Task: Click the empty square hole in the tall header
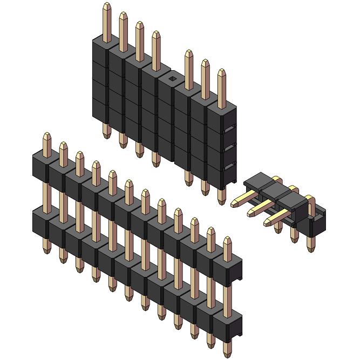[x=172, y=79]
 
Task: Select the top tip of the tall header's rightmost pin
[x=222, y=72]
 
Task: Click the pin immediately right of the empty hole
[x=189, y=67]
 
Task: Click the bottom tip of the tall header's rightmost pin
[x=221, y=202]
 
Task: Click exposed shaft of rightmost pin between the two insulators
[x=227, y=297]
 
